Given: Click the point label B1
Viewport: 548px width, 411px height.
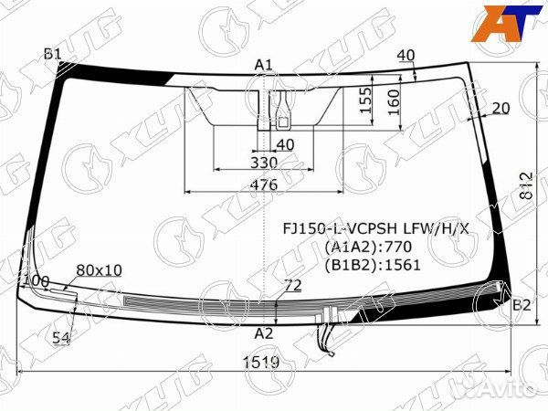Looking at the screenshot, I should click(52, 55).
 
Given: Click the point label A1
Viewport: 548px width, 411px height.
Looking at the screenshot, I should click(264, 64).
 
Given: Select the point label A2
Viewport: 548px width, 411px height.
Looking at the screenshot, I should click(263, 332).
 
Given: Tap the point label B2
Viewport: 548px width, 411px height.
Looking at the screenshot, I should click(522, 305).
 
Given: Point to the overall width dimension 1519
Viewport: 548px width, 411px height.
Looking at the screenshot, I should click(262, 363).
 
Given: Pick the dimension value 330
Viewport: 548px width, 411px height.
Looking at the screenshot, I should click(263, 163).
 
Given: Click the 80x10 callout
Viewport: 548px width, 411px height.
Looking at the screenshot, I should click(99, 270).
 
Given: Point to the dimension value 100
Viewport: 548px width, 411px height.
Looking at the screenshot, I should click(37, 280).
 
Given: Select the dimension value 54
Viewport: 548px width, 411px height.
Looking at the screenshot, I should click(61, 338).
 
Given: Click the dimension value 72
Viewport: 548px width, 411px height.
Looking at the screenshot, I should click(292, 286).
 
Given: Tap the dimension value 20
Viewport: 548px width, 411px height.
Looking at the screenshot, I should click(500, 108).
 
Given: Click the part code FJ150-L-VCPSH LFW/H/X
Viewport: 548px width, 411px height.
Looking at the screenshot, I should click(375, 228).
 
